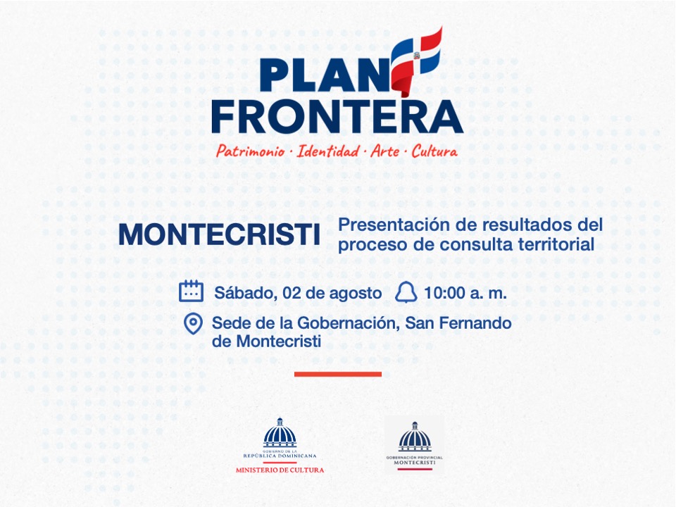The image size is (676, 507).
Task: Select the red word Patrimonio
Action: pyautogui.click(x=251, y=151)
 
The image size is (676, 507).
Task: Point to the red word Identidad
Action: pyautogui.click(x=327, y=151)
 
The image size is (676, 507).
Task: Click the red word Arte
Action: pyautogui.click(x=385, y=151)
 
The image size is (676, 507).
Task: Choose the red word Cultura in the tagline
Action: pyautogui.click(x=434, y=151)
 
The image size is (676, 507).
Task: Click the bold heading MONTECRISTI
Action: pyautogui.click(x=220, y=234)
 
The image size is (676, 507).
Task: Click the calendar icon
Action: pyautogui.click(x=191, y=291)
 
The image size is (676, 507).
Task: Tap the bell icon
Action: pyautogui.click(x=406, y=292)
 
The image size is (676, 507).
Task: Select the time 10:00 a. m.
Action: pyautogui.click(x=465, y=293)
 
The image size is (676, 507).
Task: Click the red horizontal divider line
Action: pyautogui.click(x=338, y=374)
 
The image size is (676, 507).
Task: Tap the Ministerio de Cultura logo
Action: pyautogui.click(x=280, y=446)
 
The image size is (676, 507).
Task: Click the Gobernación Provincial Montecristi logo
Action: pyautogui.click(x=414, y=446)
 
